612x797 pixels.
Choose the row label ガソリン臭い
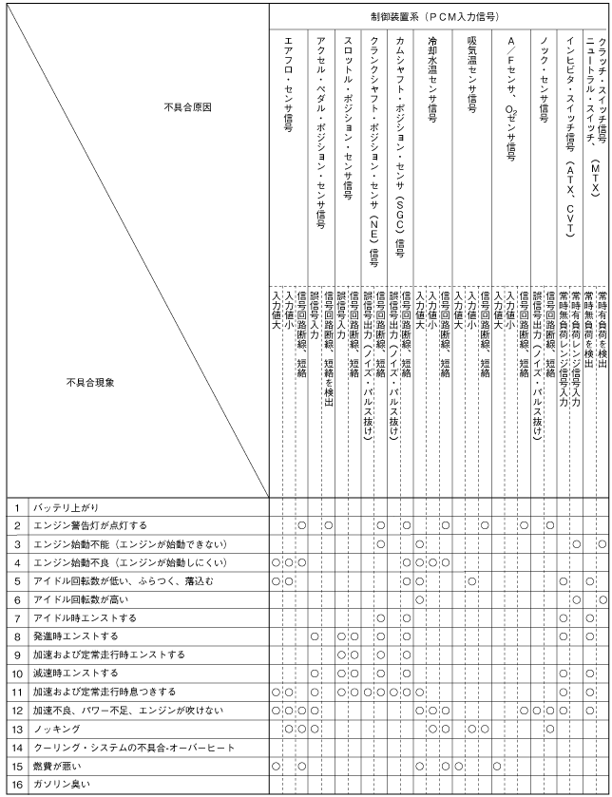65,785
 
